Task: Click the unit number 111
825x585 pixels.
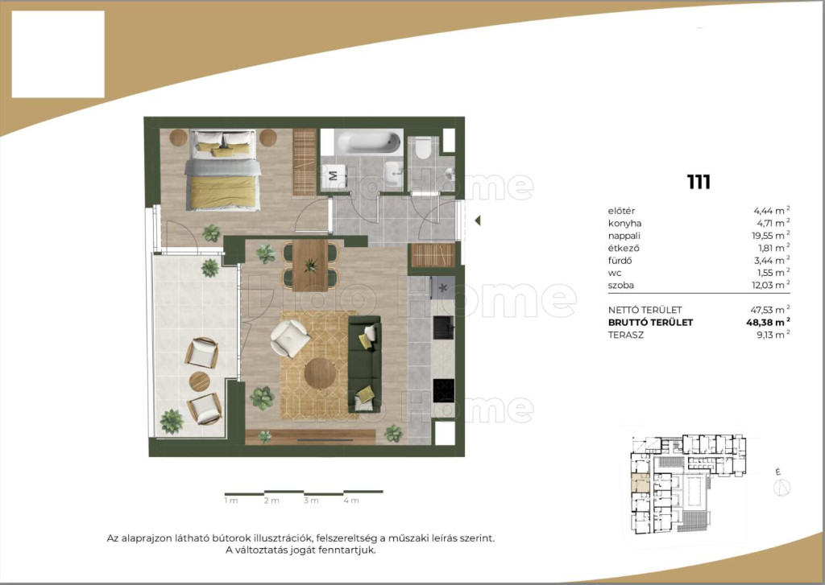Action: (x=699, y=182)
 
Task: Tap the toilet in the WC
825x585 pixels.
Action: (x=423, y=148)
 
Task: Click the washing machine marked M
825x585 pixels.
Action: (x=333, y=175)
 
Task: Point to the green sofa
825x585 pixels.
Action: (x=364, y=364)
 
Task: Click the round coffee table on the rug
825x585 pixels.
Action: (x=320, y=373)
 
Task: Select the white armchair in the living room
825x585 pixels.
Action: (x=289, y=338)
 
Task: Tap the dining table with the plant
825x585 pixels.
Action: (x=310, y=265)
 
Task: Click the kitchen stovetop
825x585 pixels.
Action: (x=444, y=390)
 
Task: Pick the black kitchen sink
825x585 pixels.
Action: (x=444, y=328)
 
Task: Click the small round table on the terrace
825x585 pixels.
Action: (x=200, y=381)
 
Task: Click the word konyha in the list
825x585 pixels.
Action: (x=624, y=224)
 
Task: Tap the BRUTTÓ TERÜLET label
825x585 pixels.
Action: (x=650, y=323)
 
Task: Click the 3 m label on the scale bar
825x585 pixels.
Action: (x=311, y=501)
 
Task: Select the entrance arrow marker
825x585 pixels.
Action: (x=477, y=220)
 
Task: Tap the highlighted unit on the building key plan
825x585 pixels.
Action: (x=641, y=483)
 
